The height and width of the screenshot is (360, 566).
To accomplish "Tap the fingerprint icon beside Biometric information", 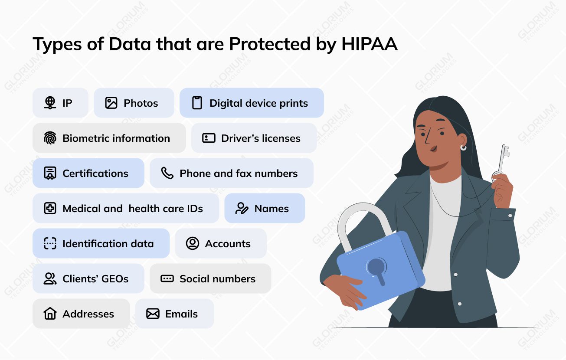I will click(x=50, y=138).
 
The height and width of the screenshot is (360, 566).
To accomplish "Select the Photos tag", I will click(x=134, y=103).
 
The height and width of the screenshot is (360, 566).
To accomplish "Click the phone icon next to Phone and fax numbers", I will click(x=167, y=173).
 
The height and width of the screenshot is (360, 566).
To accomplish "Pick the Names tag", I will click(x=265, y=209).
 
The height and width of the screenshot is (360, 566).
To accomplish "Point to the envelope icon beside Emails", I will click(x=153, y=314).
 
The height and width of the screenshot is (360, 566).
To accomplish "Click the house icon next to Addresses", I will click(x=50, y=314).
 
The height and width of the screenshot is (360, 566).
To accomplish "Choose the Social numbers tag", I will click(x=210, y=279).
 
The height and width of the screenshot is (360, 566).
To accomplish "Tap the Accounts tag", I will click(x=220, y=244).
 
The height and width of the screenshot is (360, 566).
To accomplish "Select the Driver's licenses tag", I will click(x=254, y=138).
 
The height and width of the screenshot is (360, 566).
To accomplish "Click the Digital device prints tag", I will click(x=252, y=103).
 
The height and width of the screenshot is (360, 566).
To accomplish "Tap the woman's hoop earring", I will click(x=464, y=148).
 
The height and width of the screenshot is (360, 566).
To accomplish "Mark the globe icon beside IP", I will click(x=50, y=103).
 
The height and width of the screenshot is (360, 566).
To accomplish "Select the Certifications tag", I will click(x=88, y=173).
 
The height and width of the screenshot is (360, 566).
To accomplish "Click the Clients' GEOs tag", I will click(x=88, y=279).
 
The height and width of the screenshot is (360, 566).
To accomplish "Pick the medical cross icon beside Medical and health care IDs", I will click(x=50, y=209).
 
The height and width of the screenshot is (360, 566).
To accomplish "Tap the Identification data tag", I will click(x=101, y=244).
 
